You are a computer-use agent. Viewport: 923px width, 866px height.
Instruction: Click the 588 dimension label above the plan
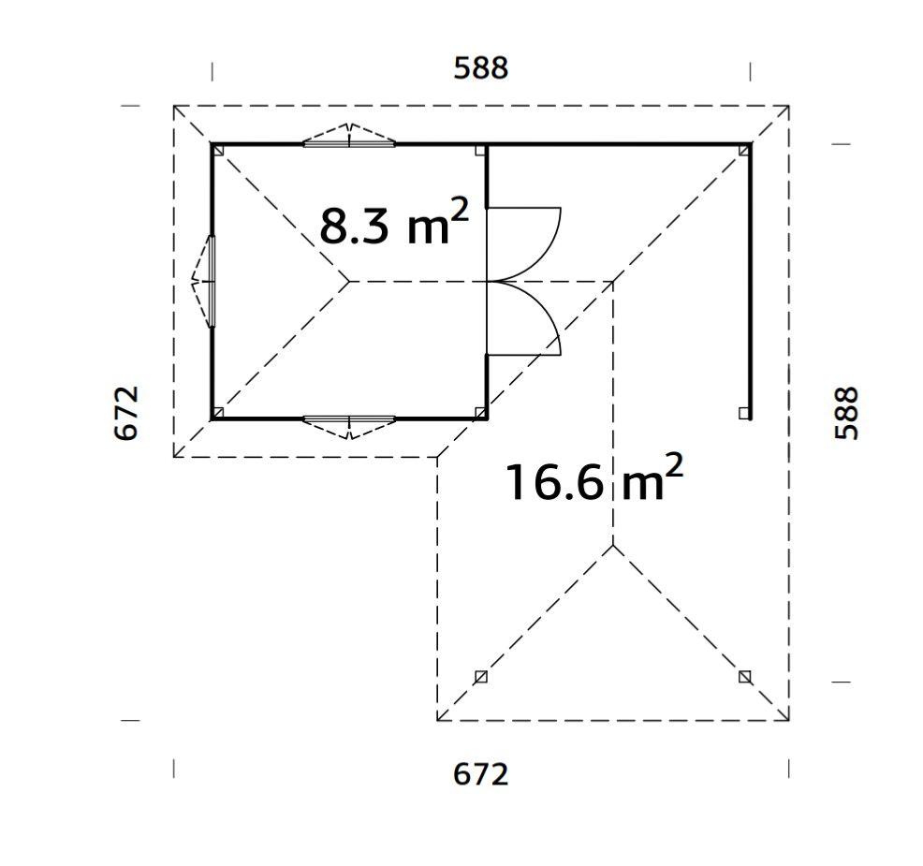tap(480, 67)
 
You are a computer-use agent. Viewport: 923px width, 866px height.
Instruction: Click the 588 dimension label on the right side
tap(846, 413)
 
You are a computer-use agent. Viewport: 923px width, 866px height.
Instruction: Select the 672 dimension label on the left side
tap(126, 413)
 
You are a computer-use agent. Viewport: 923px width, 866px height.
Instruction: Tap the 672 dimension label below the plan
tap(480, 774)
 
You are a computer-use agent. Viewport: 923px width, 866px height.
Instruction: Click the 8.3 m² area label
tap(393, 223)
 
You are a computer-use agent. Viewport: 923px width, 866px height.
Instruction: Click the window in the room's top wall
tap(349, 137)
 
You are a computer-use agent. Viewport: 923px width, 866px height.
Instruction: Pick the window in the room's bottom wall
tap(349, 426)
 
